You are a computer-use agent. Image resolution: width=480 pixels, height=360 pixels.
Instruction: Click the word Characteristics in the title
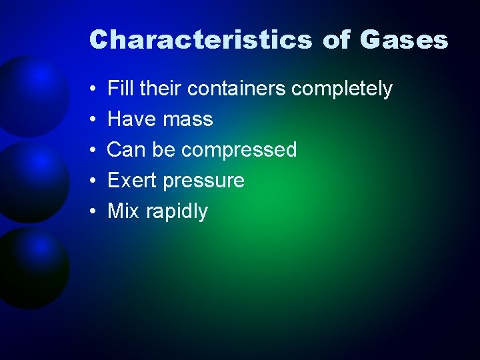point(200,40)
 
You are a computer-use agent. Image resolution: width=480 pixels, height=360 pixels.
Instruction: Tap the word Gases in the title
point(403,40)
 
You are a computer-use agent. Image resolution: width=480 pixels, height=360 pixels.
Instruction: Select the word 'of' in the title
point(336,40)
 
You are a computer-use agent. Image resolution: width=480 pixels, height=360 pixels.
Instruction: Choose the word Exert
point(132,181)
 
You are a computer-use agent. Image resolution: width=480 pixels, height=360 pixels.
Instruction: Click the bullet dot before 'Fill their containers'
point(91,89)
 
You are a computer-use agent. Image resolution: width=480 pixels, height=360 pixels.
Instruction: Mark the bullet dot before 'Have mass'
point(91,120)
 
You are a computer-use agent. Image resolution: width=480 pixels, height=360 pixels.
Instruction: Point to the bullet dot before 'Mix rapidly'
point(91,212)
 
